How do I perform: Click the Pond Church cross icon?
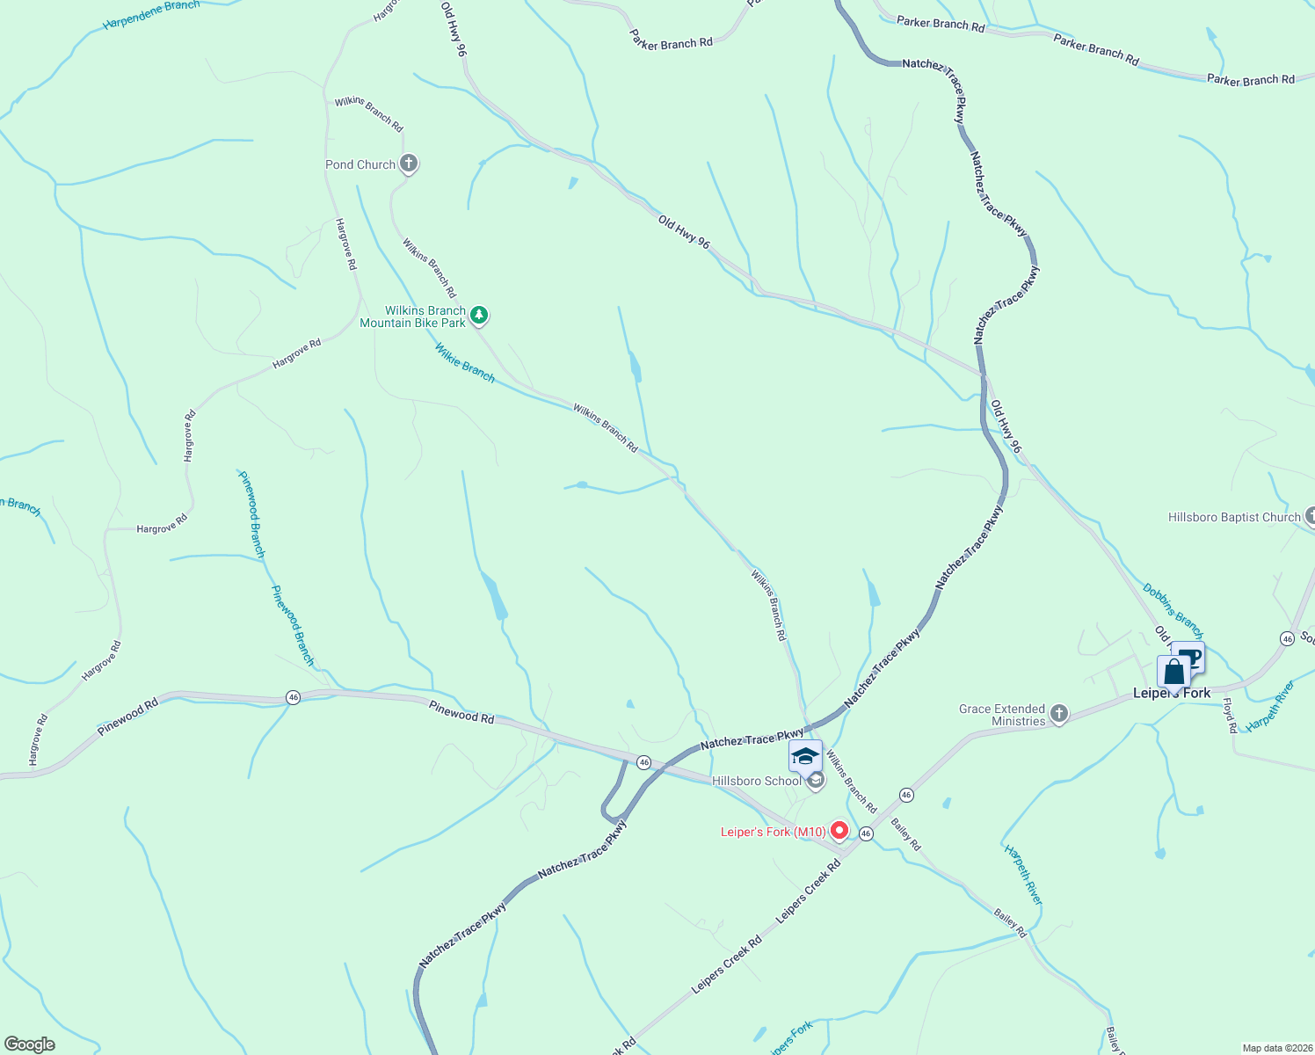408,164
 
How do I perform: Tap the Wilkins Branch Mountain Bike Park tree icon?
478,315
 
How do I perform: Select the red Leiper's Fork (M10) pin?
839,830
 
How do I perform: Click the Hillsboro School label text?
756,781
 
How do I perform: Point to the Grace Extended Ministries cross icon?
1059,714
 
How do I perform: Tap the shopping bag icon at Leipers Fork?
1174,673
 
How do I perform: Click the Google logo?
30,1044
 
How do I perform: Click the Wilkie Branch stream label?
465,363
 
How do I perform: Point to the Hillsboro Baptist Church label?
1233,517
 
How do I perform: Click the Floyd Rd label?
1229,716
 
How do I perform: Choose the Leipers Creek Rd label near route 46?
808,891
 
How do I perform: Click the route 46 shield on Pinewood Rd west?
294,697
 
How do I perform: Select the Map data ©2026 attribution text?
1276,1048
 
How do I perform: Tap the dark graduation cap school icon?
805,756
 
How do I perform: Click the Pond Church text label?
360,164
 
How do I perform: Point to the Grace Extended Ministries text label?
1002,715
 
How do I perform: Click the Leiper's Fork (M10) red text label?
773,832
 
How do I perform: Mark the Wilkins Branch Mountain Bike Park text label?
413,316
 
